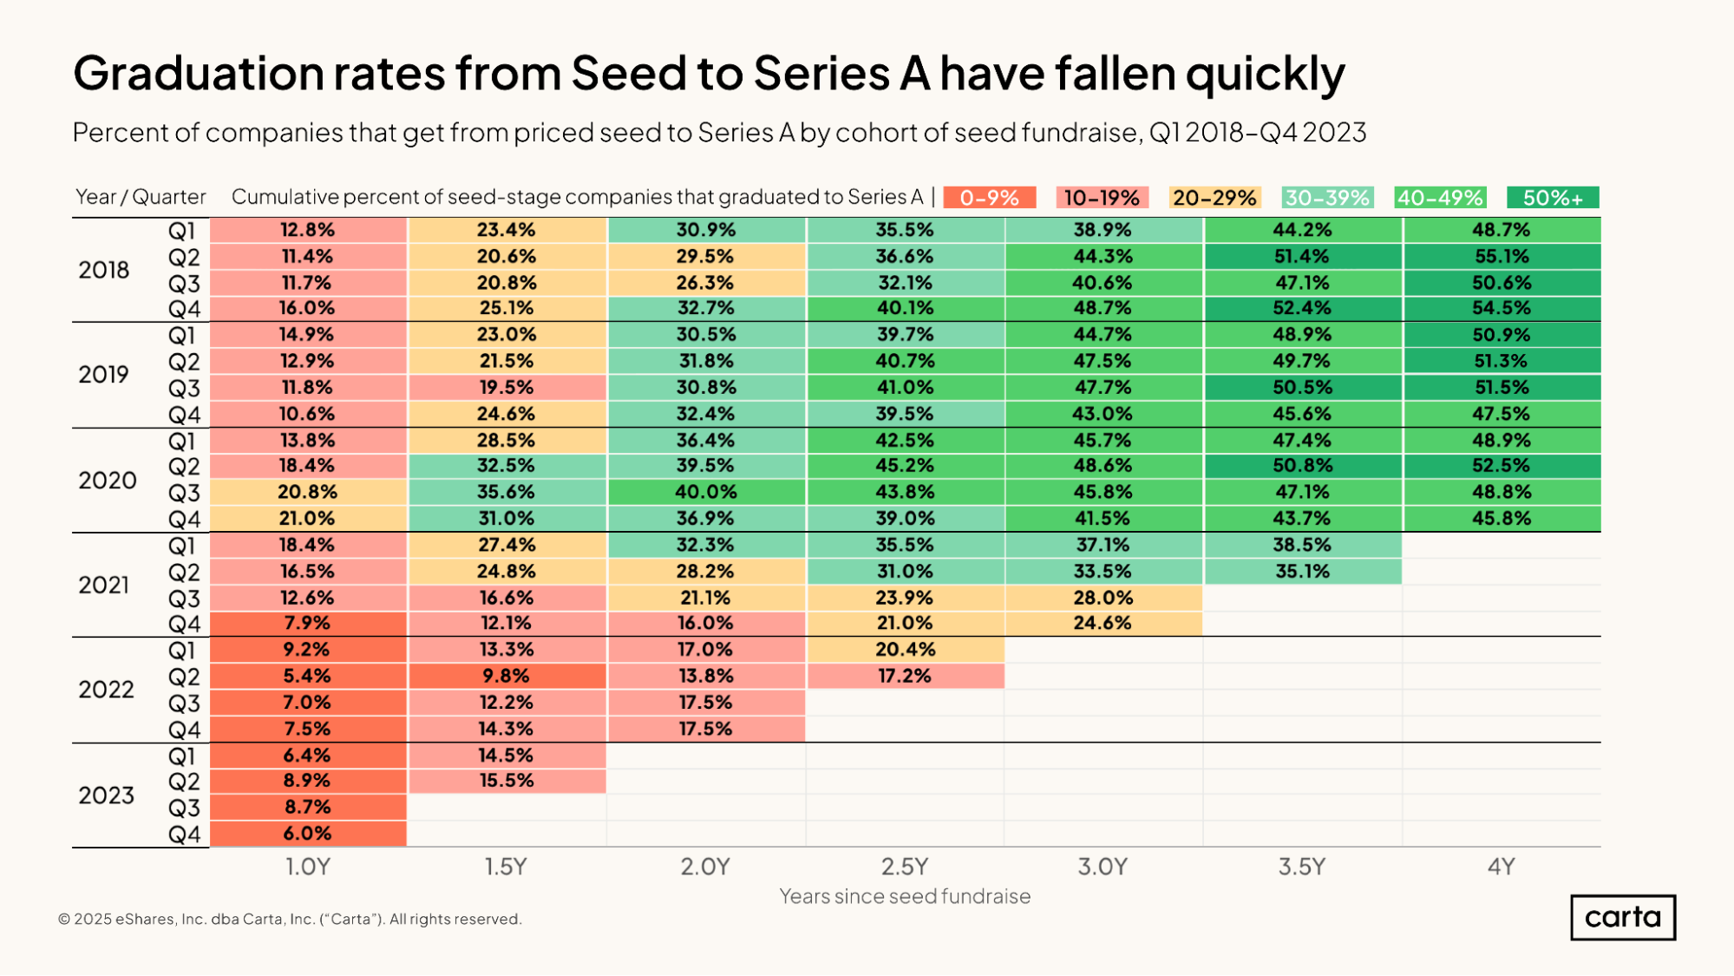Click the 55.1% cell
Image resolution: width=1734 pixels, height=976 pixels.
pos(1502,257)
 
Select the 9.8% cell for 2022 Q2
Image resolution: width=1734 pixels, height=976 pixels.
pos(507,676)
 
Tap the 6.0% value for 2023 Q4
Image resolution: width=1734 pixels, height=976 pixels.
pos(307,834)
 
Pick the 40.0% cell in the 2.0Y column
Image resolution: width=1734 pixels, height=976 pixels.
pos(706,492)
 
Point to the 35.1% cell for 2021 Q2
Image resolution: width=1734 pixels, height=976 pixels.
pos(1302,571)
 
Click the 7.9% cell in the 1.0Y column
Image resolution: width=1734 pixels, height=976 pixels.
pos(307,623)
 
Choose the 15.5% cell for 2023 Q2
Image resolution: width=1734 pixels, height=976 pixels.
pos(507,781)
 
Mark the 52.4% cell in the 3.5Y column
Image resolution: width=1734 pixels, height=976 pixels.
pos(1302,308)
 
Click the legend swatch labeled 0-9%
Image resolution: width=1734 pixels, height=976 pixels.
pos(989,198)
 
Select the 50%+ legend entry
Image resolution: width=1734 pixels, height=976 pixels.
pos(1553,198)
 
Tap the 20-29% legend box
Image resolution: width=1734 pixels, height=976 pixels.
pos(1214,198)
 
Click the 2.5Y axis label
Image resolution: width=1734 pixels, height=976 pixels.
pos(905,867)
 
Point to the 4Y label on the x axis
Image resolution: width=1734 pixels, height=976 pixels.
pos(1502,867)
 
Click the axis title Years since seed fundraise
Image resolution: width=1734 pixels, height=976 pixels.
pos(905,896)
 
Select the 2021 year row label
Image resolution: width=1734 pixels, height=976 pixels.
pos(104,586)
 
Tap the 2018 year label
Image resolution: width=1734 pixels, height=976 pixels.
pos(104,271)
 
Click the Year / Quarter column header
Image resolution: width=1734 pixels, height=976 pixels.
pos(141,197)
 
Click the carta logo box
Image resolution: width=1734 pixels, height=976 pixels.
pos(1622,917)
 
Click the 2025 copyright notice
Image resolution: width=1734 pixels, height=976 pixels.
pos(290,919)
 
